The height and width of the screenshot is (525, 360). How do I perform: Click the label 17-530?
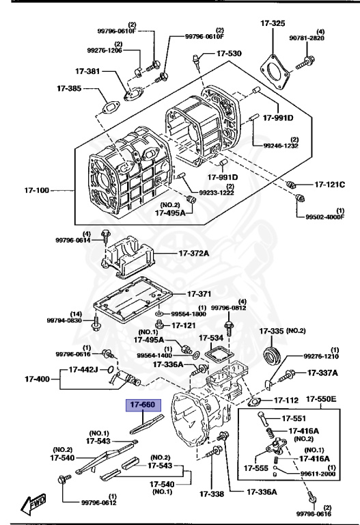(x=229, y=53)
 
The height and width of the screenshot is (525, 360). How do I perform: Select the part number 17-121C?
(x=330, y=185)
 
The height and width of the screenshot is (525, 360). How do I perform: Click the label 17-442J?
(x=85, y=370)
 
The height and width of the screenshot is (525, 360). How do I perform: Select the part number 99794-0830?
(x=64, y=320)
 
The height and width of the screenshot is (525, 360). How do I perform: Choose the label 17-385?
(x=70, y=87)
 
